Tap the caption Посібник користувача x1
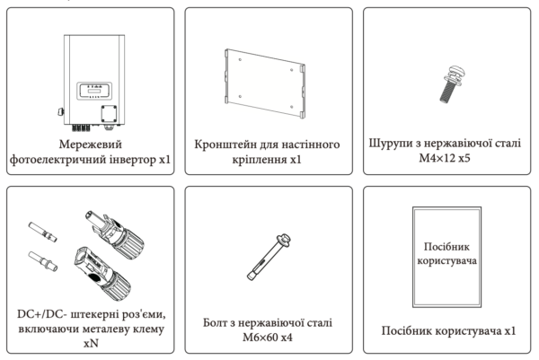(x=446, y=330)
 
